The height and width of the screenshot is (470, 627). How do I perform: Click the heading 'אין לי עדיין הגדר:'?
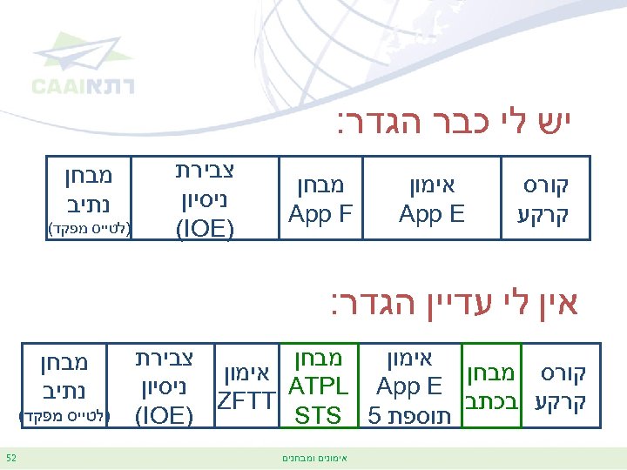[454, 305]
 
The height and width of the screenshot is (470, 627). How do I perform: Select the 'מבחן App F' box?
[320, 199]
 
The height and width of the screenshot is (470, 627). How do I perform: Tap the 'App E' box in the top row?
[432, 199]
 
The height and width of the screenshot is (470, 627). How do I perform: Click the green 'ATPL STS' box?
[318, 386]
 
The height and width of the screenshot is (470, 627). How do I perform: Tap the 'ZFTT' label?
[247, 401]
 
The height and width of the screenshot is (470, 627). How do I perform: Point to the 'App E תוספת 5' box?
[408, 386]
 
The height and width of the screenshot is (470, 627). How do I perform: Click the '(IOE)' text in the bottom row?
[165, 415]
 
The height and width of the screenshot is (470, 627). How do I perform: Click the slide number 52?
[11, 457]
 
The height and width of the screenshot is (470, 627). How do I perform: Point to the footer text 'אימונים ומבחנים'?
[313, 457]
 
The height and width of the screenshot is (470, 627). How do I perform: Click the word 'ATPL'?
[318, 386]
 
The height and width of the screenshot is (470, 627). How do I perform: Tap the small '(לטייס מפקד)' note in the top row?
[88, 229]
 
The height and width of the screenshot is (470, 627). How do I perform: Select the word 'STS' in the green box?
[318, 415]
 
